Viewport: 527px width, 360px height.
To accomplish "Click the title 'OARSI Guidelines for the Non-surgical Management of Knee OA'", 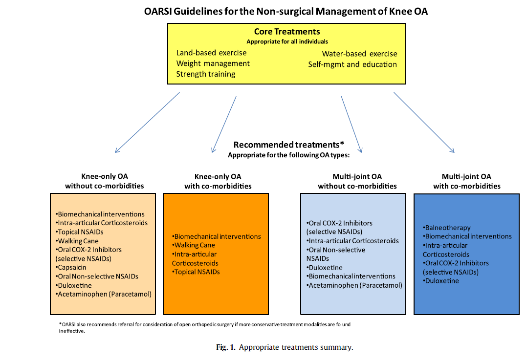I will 286,11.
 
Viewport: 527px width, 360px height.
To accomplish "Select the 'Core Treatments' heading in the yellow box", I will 287,32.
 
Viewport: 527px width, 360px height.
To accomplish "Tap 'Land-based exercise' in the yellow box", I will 211,53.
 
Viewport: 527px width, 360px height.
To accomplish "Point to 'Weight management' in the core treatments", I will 213,64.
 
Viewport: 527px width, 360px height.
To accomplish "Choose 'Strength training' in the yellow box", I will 205,74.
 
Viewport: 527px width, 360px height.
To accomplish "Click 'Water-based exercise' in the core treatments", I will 359,54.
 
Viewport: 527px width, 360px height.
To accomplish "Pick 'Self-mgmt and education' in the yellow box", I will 352,64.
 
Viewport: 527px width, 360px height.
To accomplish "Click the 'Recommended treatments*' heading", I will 289,145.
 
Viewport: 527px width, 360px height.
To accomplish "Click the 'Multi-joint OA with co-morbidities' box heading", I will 466,181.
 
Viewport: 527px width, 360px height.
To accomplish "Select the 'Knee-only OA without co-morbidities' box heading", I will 105,181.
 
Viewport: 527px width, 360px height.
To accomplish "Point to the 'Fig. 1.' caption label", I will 225,348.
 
